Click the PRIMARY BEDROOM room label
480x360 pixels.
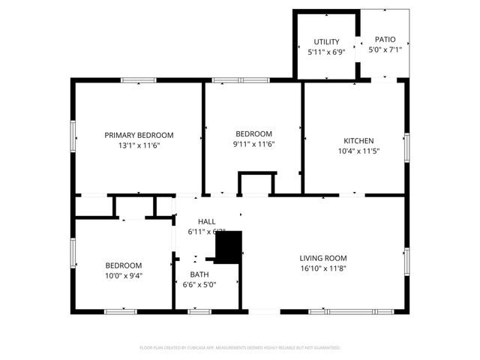click(139, 135)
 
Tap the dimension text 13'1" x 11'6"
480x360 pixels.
click(139, 145)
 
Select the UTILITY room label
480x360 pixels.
click(326, 42)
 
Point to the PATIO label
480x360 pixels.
click(385, 40)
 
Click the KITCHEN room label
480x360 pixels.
click(358, 141)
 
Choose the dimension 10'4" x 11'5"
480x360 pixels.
click(358, 151)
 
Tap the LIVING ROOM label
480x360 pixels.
click(323, 258)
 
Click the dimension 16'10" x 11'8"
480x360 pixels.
click(323, 268)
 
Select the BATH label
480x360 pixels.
click(199, 274)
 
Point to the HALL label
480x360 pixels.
click(207, 222)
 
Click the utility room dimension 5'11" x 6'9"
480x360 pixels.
click(326, 52)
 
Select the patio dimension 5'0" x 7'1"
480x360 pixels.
click(385, 50)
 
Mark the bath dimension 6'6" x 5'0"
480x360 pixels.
click(199, 284)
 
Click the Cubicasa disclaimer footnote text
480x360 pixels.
click(240, 348)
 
